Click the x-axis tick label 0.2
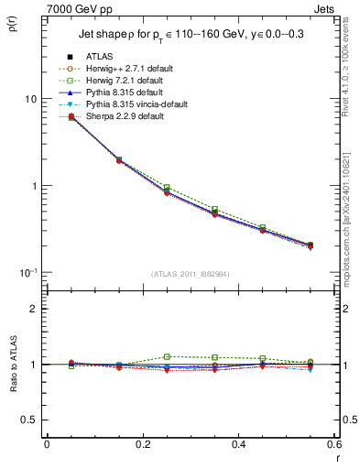(x=142, y=444)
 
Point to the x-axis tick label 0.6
(x=333, y=444)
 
